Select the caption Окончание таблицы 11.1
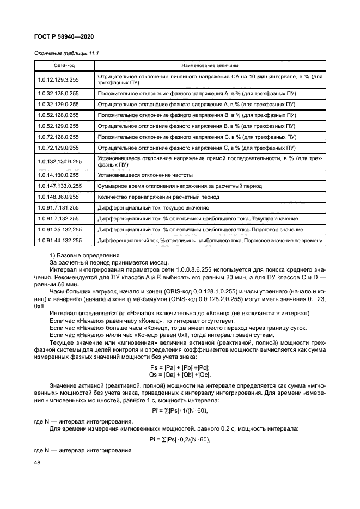pyautogui.click(x=63, y=53)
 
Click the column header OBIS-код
pyautogui.click(x=64, y=65)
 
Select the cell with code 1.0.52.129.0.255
pyautogui.click(x=59, y=126)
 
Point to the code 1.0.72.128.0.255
pyautogui.click(x=59, y=137)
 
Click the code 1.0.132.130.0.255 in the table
pyautogui.click(x=60, y=161)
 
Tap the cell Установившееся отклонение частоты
pyautogui.click(x=145, y=175)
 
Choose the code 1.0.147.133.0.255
pyautogui.click(x=60, y=186)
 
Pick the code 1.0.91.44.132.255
pyautogui.click(x=60, y=240)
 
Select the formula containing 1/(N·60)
pyautogui.click(x=179, y=410)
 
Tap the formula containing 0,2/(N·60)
pyautogui.click(x=179, y=439)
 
